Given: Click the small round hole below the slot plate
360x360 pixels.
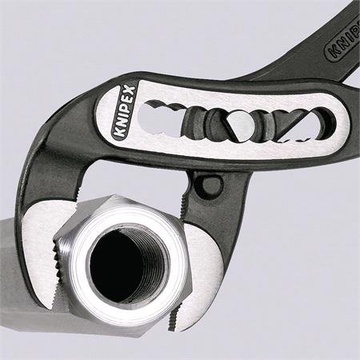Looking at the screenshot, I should (209, 186).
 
